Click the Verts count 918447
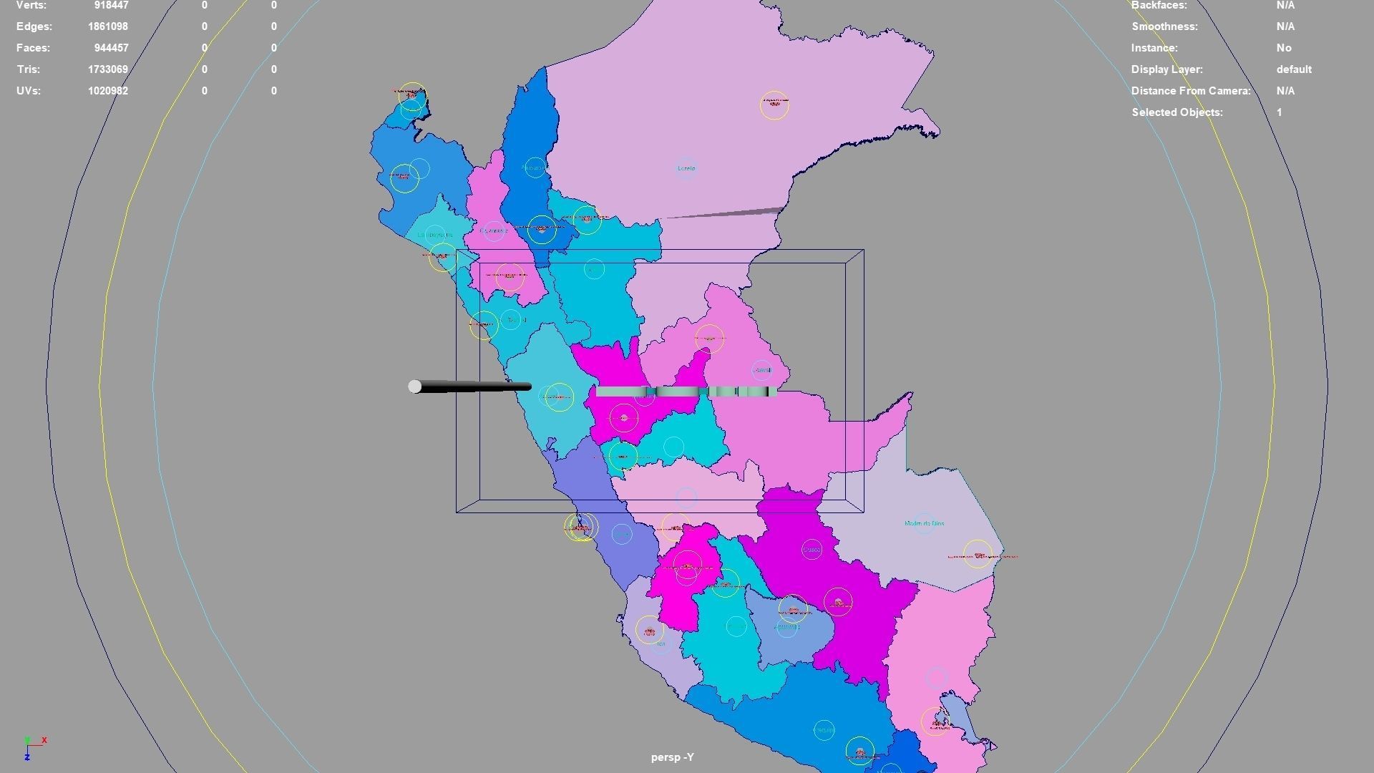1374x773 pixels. [111, 5]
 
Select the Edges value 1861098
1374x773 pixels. [108, 26]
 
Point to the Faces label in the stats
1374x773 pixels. [33, 48]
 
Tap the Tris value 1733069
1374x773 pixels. [108, 69]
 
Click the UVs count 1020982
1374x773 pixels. [108, 91]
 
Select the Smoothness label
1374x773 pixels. [1164, 26]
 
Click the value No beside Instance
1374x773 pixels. [1284, 48]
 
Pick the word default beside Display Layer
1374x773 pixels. [1294, 69]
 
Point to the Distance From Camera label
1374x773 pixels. [1191, 91]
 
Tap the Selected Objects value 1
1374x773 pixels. [1279, 112]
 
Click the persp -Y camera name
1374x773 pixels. [672, 757]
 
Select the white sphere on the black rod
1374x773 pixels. [414, 386]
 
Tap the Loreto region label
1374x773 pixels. [686, 168]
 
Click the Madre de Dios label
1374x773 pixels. [924, 523]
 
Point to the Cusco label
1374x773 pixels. [812, 550]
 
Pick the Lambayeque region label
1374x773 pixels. [434, 234]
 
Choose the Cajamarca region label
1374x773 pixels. [494, 230]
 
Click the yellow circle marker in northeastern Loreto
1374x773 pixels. [774, 105]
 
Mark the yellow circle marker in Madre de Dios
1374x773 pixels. [978, 554]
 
